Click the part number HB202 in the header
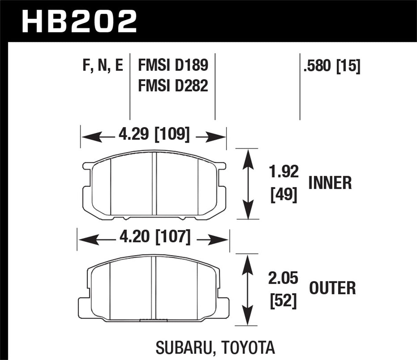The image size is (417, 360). coord(79,21)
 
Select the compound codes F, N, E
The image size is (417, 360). coord(103,65)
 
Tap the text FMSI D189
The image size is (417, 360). coord(173,65)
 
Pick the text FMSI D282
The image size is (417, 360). coord(173,85)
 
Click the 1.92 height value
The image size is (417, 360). coord(284,172)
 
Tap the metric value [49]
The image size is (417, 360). coord(283,195)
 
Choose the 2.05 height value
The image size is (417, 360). coord(283,278)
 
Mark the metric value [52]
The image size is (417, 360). coord(283,301)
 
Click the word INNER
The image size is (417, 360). coord(330,183)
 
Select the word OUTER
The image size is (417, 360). coord(333,288)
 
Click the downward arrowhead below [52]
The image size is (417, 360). coord(246,317)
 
